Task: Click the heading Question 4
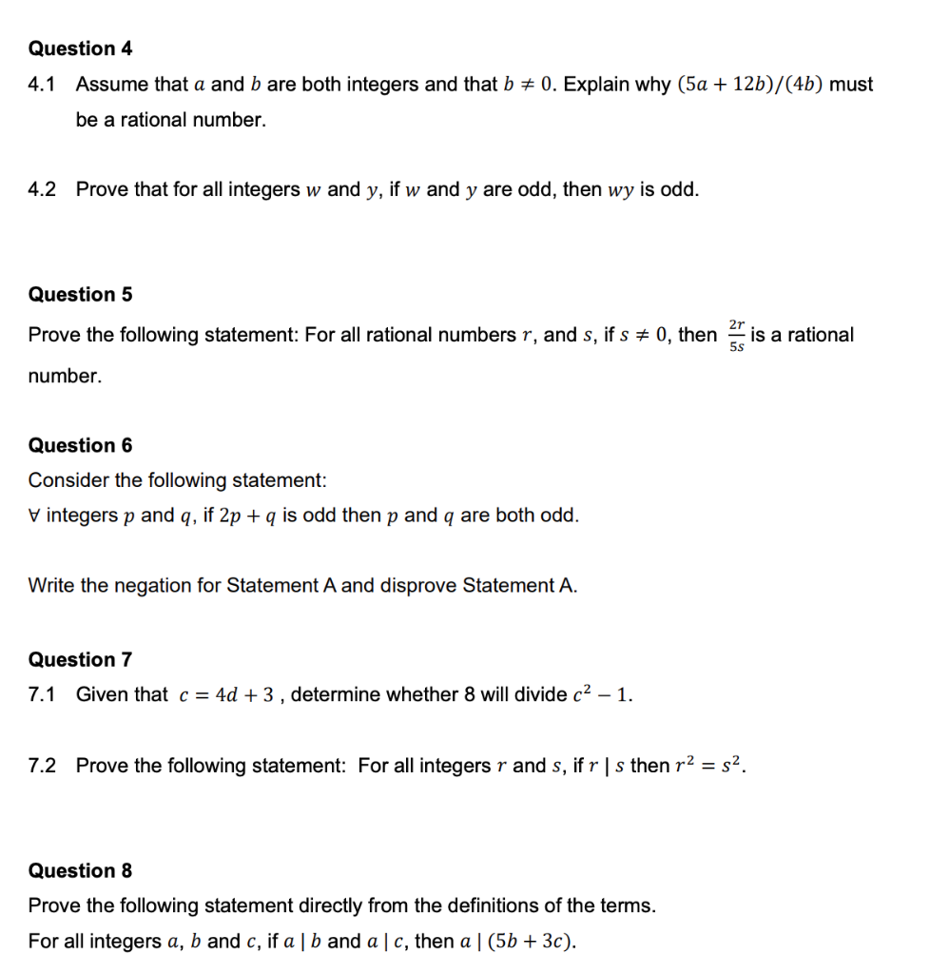coord(81,49)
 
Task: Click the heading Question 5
coord(81,295)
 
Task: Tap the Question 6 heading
coord(81,445)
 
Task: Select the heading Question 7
coord(81,659)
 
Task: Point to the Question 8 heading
coord(81,870)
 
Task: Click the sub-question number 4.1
coord(42,85)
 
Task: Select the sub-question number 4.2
coord(42,189)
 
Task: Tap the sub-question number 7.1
coord(42,694)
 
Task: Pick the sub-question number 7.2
coord(42,766)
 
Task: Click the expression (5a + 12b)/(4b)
coord(749,85)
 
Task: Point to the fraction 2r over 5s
coord(736,336)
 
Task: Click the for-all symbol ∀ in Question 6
coord(35,516)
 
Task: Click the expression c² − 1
coord(601,694)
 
